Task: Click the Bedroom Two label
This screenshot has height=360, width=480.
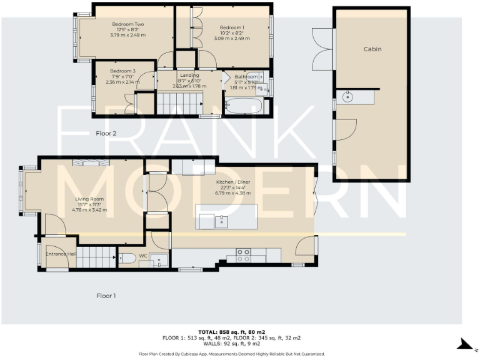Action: [124, 24]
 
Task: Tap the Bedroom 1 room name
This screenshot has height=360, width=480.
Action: [232, 27]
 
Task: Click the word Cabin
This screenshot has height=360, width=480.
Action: [372, 49]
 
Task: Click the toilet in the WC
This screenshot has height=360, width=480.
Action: [127, 257]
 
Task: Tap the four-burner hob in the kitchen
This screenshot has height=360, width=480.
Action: [242, 254]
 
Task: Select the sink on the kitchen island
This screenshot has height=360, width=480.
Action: [221, 221]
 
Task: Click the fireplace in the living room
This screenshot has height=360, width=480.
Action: [91, 163]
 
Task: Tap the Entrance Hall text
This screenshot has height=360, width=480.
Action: [61, 254]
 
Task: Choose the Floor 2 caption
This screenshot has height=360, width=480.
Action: [106, 134]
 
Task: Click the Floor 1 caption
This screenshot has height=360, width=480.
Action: [106, 295]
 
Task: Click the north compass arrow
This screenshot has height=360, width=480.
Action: [464, 344]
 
